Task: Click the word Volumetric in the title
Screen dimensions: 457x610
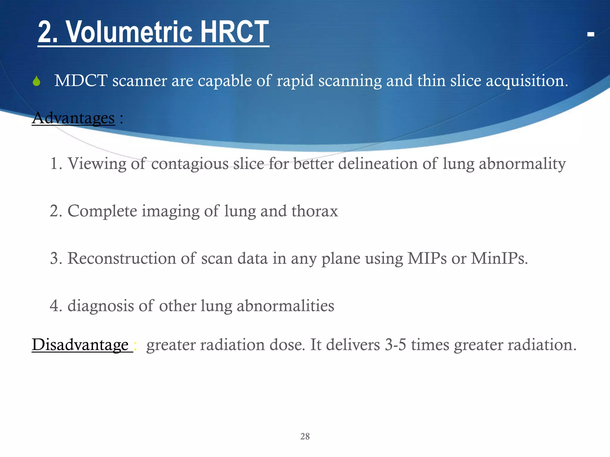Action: click(129, 32)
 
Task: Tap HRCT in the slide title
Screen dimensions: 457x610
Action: click(234, 32)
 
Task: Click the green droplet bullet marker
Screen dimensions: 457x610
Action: click(36, 81)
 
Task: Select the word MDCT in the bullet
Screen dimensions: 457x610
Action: click(81, 81)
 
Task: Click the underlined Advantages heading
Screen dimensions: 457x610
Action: click(73, 118)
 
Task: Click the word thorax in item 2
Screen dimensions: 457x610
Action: click(315, 211)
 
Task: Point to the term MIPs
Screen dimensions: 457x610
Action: click(427, 258)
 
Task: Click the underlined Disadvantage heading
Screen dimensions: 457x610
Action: click(80, 345)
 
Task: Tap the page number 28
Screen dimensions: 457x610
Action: click(305, 436)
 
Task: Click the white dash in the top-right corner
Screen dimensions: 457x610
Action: click(591, 35)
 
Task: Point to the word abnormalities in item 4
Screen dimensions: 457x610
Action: click(285, 306)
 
